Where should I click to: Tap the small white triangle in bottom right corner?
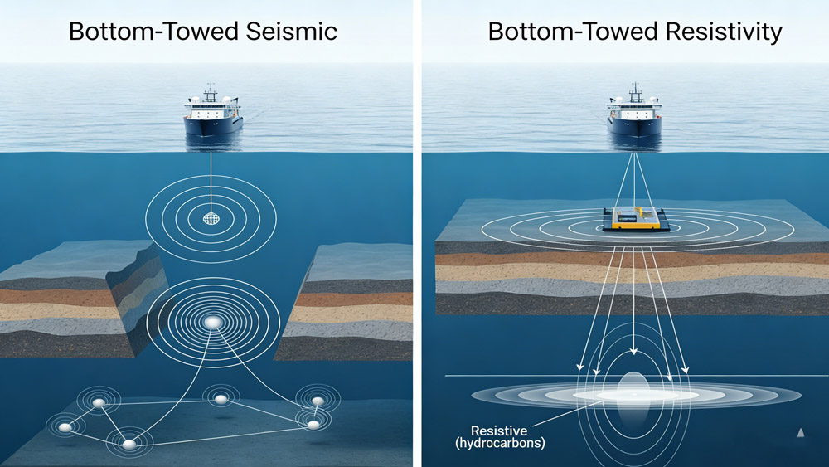(801, 432)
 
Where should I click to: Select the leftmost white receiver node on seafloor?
(65, 427)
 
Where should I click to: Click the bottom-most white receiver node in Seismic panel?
(128, 444)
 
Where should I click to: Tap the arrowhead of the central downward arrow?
(633, 351)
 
